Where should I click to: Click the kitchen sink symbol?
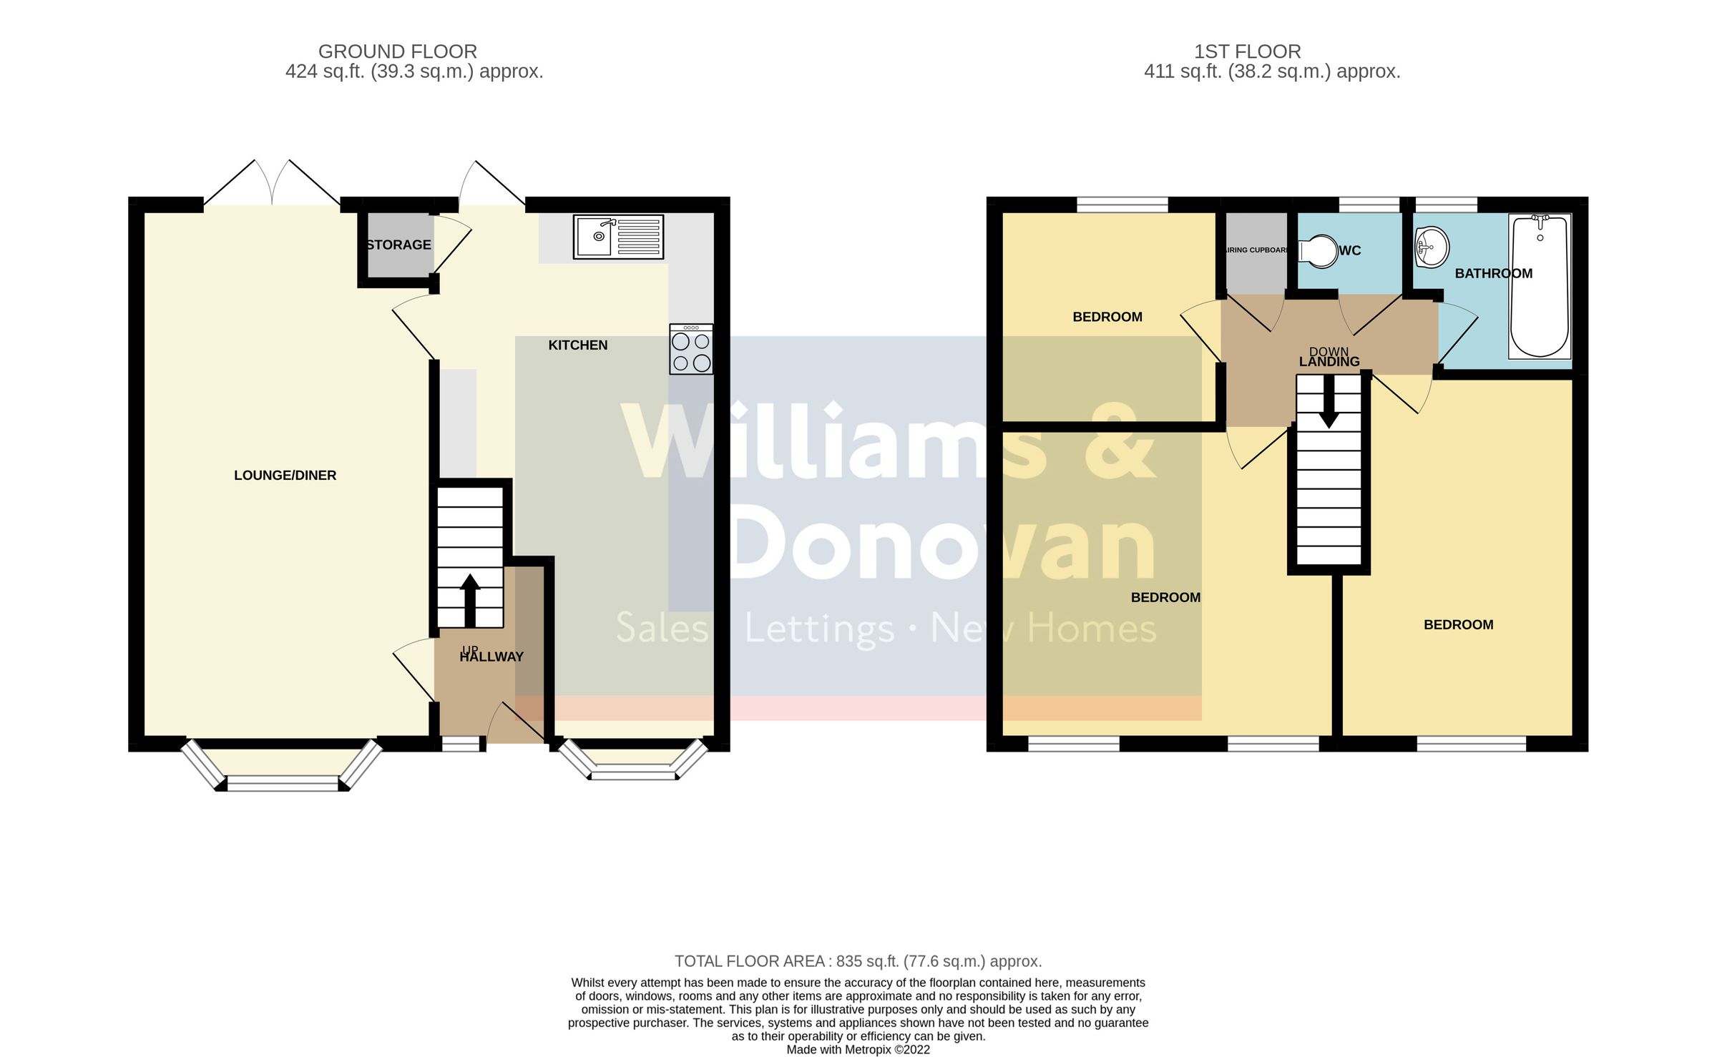(x=618, y=237)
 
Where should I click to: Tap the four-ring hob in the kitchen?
(x=691, y=350)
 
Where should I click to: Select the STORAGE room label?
(x=399, y=245)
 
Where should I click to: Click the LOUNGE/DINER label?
(x=285, y=476)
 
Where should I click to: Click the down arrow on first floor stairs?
(x=1329, y=402)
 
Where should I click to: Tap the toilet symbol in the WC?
(x=1318, y=250)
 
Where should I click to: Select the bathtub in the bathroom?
(x=1540, y=286)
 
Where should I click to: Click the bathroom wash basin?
(x=1432, y=247)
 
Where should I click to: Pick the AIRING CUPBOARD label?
(x=1256, y=250)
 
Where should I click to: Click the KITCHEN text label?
(x=578, y=345)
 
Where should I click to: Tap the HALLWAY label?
(x=491, y=657)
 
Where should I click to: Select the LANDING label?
(x=1329, y=362)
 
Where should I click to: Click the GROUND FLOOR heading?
(x=397, y=51)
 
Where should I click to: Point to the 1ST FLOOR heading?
(x=1247, y=51)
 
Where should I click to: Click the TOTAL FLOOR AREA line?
(x=858, y=961)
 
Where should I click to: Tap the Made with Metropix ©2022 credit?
(x=858, y=1050)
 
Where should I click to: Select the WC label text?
(x=1349, y=251)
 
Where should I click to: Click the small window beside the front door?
(x=461, y=745)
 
